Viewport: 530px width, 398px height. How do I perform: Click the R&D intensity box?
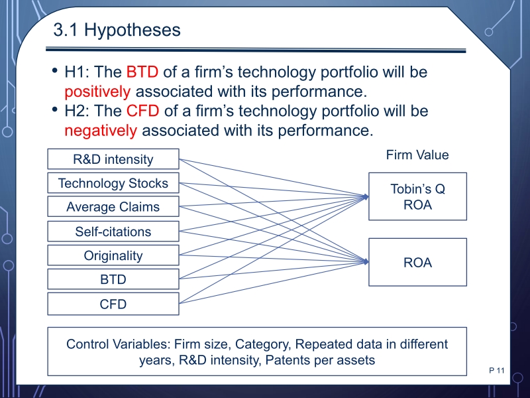click(x=113, y=159)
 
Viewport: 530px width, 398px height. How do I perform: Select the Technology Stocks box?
click(x=113, y=183)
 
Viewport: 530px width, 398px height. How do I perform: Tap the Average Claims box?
click(x=113, y=206)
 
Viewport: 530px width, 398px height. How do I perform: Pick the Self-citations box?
click(x=113, y=231)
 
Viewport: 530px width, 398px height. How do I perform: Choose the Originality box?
click(x=113, y=255)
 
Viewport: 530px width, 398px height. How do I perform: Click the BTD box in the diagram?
click(x=113, y=279)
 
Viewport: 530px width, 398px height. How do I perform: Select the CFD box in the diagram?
click(x=113, y=304)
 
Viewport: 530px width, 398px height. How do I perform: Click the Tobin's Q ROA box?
click(x=418, y=196)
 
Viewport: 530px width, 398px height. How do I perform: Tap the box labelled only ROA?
click(x=418, y=262)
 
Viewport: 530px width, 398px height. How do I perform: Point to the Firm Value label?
click(x=417, y=155)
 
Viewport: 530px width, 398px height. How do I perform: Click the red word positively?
click(x=97, y=92)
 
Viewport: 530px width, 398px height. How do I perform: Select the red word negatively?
click(x=101, y=131)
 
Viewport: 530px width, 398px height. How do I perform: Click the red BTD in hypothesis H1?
click(x=142, y=72)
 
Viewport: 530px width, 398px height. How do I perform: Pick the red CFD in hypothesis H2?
click(x=142, y=111)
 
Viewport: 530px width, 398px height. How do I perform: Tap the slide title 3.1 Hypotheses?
click(x=117, y=29)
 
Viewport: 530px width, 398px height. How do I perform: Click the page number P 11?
click(x=496, y=370)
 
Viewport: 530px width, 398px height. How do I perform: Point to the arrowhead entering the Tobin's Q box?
click(x=366, y=196)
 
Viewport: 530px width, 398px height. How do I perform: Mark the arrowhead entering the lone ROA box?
click(x=366, y=261)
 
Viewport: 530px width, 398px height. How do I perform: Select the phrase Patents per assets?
click(x=320, y=360)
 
